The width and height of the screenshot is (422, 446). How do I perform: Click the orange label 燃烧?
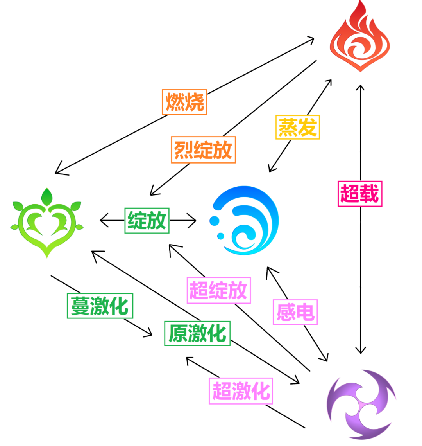pos(184,102)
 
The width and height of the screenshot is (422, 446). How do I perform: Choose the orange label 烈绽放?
pos(203,149)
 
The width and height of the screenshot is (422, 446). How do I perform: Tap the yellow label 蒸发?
pos(298,127)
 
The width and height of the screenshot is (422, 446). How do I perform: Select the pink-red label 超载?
pos(360,193)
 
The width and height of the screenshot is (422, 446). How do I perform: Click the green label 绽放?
pos(147,220)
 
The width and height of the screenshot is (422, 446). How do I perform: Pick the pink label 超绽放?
pos(218,290)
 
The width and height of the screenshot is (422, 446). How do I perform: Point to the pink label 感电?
pos(295,312)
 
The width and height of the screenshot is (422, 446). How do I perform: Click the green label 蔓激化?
pos(100,305)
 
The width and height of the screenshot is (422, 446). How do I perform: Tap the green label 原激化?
pos(197,333)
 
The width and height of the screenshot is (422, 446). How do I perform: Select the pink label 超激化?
pos(241,391)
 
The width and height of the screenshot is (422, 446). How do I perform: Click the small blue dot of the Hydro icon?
pos(221,236)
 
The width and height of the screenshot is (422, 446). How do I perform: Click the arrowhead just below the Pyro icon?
pos(360,87)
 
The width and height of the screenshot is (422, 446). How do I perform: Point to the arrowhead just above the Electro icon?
pos(360,350)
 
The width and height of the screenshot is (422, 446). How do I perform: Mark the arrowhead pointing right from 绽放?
pos(193,220)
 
